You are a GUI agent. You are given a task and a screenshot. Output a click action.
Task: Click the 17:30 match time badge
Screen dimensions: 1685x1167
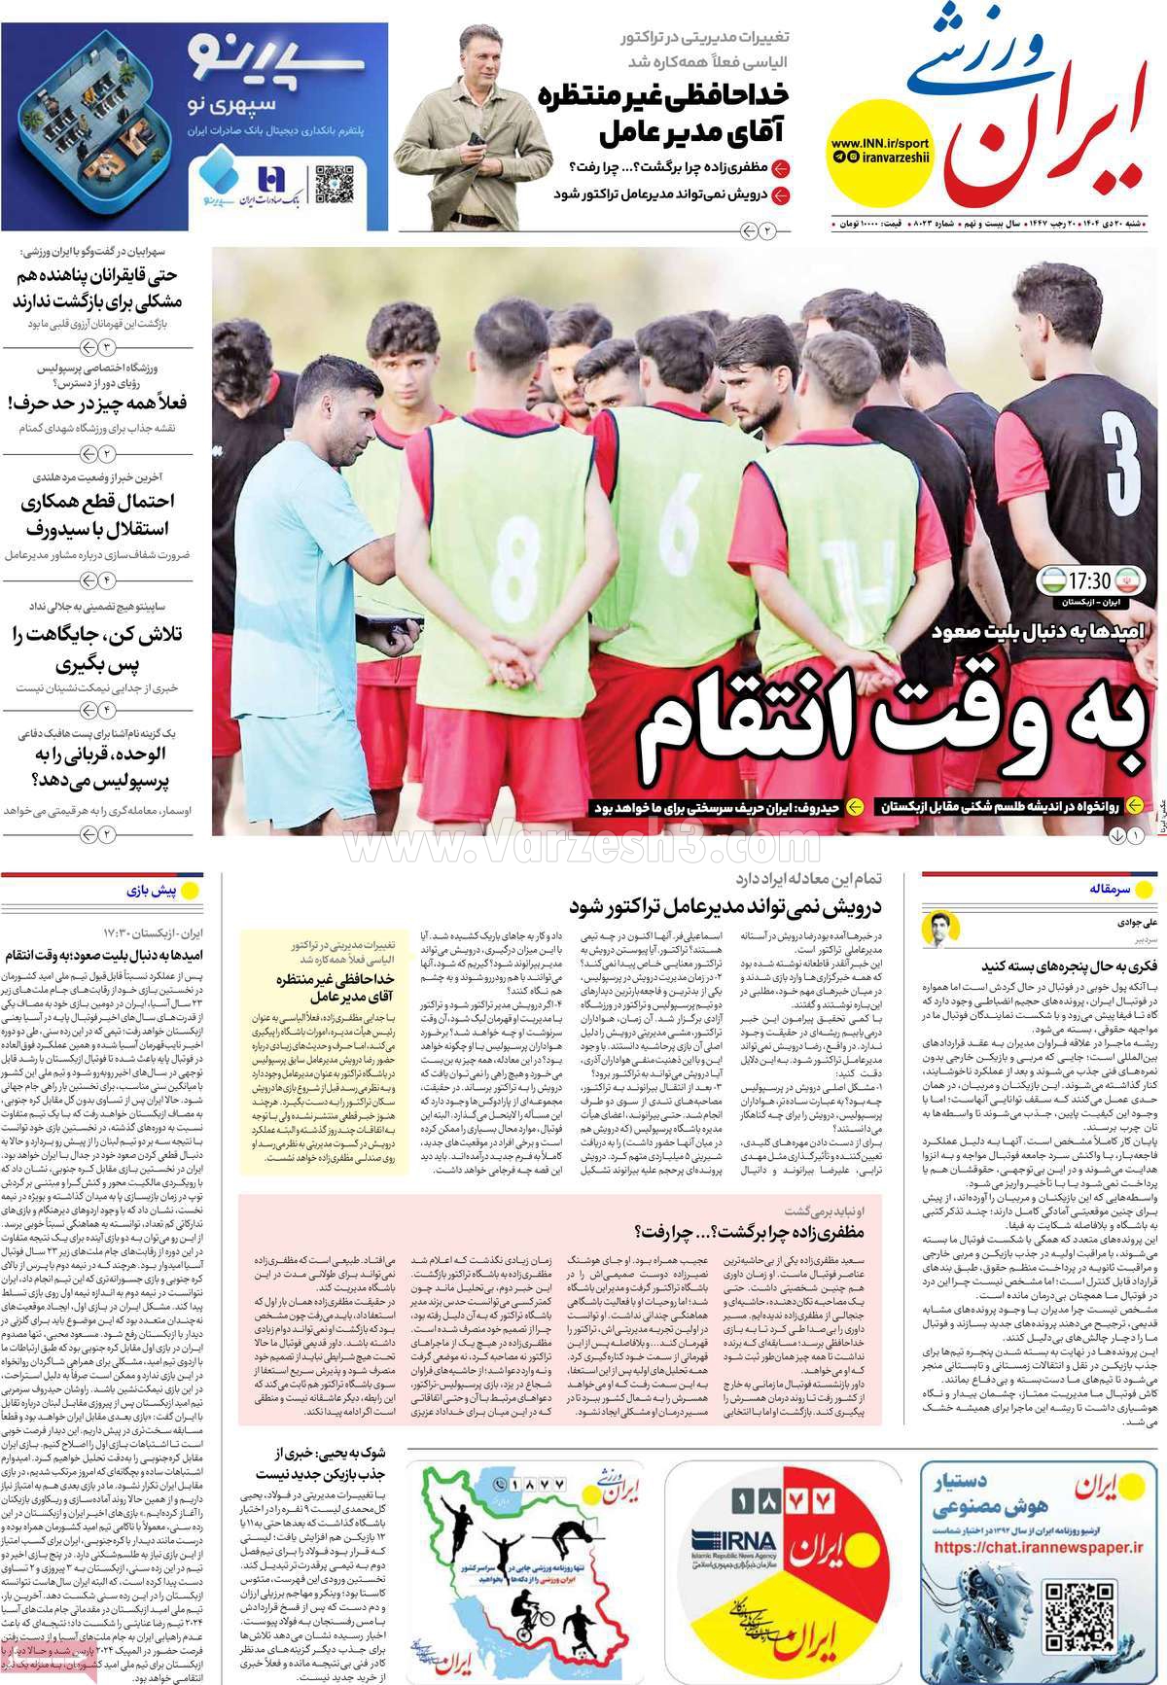(1089, 582)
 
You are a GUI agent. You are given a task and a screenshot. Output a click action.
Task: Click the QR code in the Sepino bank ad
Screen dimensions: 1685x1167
(333, 183)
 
